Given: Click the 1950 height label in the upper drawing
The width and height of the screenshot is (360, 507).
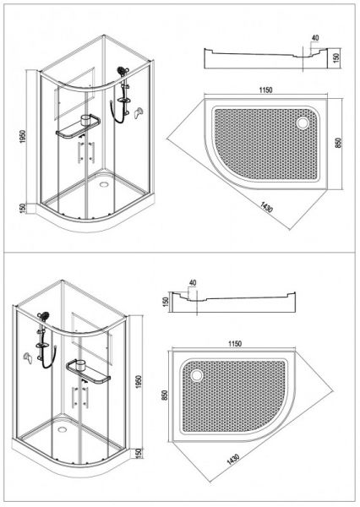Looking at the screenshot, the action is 22,136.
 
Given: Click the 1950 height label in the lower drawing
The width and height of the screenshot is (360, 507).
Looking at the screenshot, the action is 139,382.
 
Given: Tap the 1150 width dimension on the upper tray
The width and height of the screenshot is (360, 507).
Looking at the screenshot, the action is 265,90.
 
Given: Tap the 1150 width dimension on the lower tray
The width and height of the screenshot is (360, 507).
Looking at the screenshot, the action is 234,343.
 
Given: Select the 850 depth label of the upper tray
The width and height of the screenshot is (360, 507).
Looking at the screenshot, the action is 338,143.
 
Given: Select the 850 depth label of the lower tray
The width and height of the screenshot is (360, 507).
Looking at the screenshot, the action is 165,395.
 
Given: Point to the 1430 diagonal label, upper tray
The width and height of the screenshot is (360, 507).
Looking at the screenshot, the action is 266,206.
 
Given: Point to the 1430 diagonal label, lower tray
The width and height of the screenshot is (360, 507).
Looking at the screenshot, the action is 233,459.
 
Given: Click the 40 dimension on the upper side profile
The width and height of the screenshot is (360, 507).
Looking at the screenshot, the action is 315,38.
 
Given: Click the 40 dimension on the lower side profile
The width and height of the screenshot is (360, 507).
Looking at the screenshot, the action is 193,282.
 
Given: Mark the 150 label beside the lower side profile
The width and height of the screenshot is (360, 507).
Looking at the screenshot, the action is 166,302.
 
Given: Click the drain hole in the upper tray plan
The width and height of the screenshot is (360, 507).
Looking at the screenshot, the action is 303,123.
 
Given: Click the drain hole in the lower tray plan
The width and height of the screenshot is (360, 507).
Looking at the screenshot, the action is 196,375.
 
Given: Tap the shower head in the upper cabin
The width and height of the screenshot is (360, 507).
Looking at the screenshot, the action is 123,71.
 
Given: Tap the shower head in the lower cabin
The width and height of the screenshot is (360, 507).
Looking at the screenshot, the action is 43,316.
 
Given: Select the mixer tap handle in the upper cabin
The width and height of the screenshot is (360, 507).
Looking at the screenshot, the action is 139,113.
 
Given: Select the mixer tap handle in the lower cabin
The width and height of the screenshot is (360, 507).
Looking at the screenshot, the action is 28,357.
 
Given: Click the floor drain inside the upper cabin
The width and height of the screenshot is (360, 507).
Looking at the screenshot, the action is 104,184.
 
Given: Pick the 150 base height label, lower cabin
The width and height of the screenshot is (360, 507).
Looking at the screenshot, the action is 139,453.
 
